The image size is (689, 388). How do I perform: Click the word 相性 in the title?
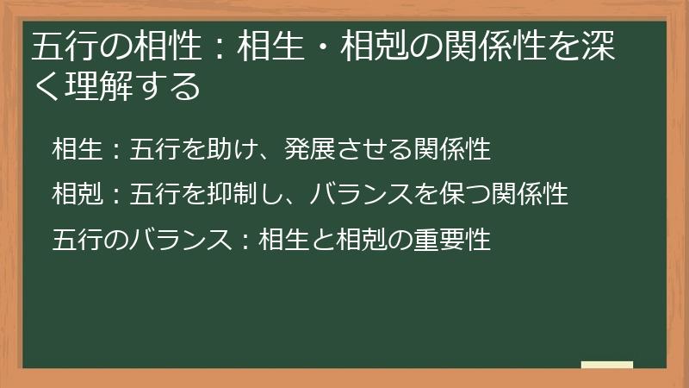click(x=164, y=48)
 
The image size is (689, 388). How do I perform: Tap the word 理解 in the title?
click(x=97, y=86)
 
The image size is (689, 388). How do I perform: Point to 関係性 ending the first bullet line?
click(x=452, y=149)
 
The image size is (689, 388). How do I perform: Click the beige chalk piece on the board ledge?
click(x=607, y=365)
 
